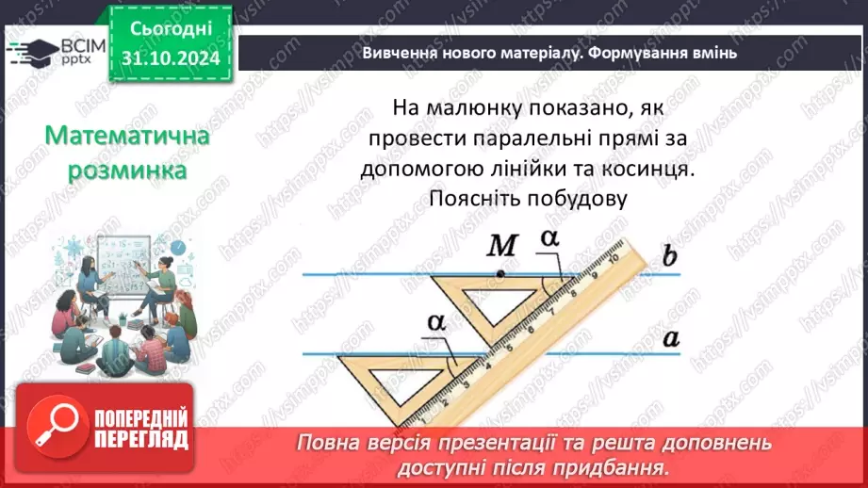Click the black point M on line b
[x=501, y=274]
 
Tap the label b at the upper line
[x=669, y=257]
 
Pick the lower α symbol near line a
[x=435, y=322]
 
